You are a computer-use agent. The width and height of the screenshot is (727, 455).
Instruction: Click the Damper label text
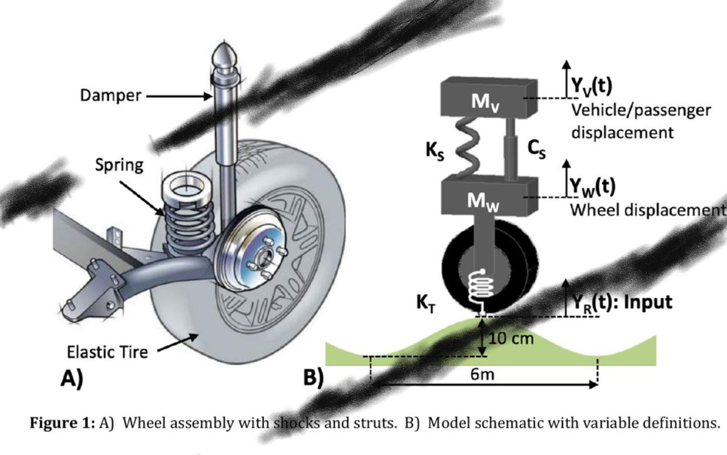110,96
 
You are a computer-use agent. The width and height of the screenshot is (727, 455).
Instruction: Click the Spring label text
119,165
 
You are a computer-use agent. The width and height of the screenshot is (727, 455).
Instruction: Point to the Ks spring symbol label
435,151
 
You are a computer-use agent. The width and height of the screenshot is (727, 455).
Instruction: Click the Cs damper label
536,151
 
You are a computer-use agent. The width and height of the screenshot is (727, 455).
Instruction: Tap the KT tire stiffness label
427,304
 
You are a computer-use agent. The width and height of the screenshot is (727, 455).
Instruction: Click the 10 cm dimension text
510,339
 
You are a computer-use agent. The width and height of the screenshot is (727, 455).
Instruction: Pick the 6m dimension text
483,374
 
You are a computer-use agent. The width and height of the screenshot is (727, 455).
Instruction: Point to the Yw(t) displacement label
593,186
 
